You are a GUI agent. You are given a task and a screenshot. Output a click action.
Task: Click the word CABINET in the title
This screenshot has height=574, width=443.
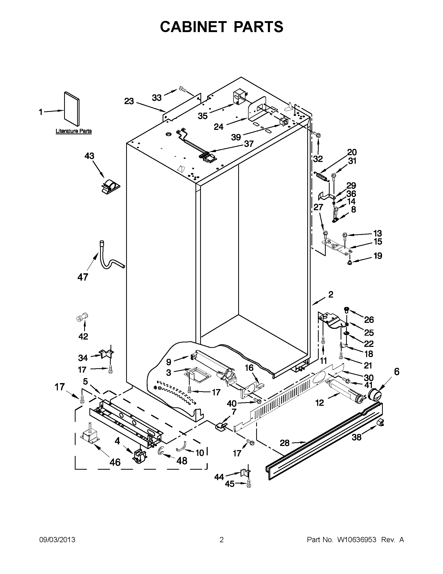(193, 27)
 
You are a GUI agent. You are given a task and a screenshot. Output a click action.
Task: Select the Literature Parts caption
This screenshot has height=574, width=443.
(73, 131)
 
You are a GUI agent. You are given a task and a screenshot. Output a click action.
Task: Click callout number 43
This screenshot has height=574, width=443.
(89, 156)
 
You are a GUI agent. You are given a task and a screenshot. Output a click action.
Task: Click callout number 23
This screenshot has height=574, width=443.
(129, 101)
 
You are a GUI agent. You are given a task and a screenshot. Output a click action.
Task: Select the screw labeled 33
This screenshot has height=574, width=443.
(182, 89)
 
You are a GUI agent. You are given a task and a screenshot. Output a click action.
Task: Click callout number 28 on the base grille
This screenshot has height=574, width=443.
(285, 443)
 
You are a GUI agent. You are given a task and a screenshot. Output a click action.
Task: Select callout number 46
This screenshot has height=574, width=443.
(115, 462)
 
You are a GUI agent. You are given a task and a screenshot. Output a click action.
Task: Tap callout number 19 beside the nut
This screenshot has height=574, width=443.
(378, 256)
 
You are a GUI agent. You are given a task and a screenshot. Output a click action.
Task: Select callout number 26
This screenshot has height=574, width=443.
(369, 319)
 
